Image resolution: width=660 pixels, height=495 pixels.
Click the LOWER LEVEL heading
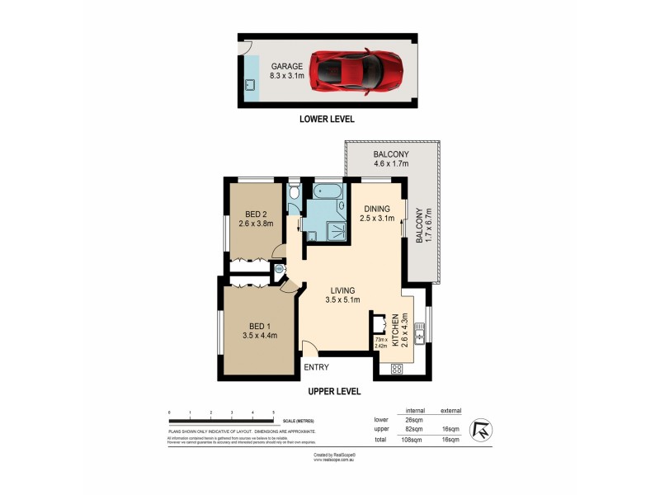328,119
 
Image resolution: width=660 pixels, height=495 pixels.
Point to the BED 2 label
251,217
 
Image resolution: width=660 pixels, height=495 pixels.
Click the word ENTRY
317,367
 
